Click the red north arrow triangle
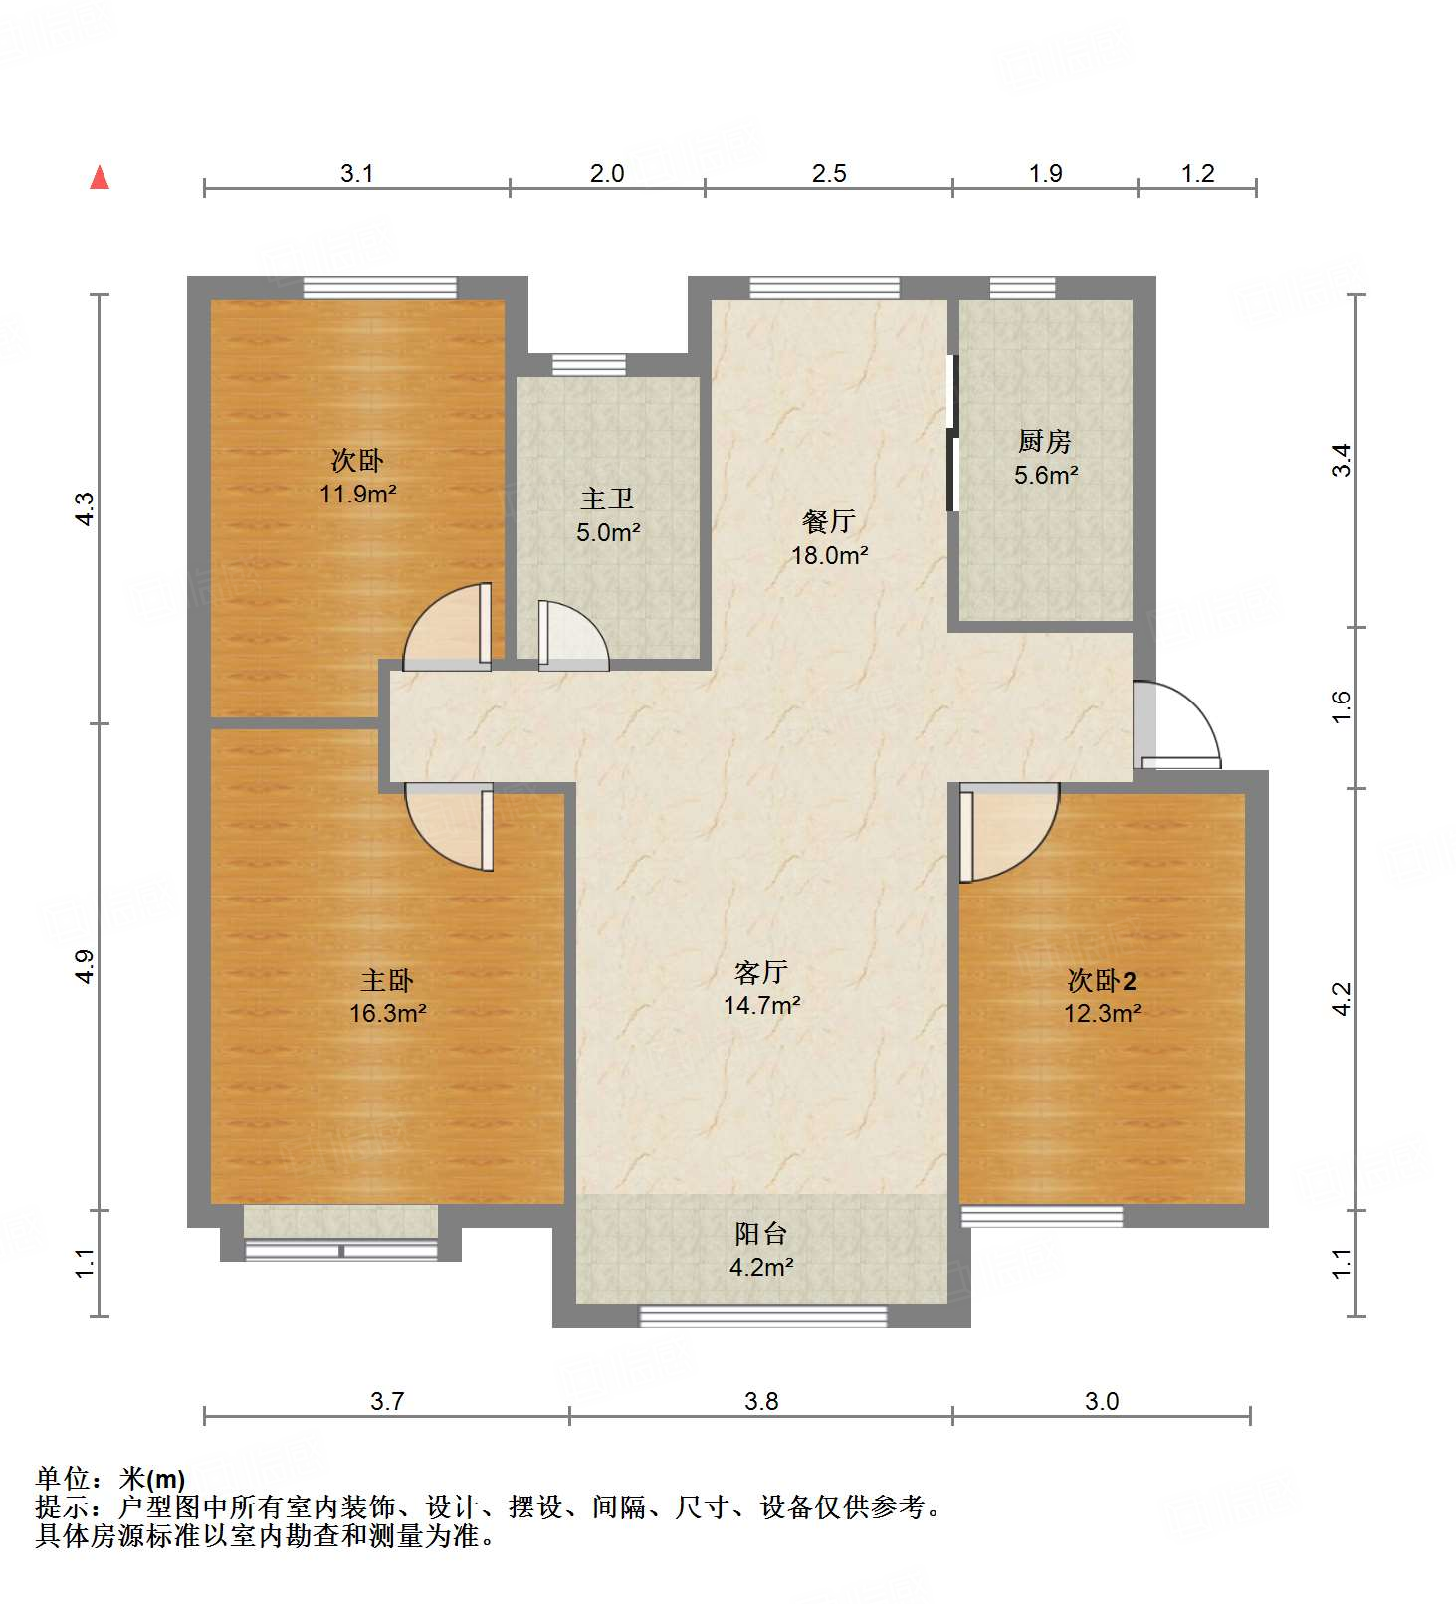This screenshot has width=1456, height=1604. click(100, 178)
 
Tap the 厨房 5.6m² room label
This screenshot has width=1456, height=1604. click(1045, 458)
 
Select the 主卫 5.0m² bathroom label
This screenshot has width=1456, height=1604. click(607, 514)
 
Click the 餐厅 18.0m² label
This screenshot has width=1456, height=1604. click(829, 537)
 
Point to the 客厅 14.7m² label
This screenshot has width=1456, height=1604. click(761, 988)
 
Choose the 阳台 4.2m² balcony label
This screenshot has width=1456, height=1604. click(761, 1250)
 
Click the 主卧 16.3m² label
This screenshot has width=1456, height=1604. click(387, 996)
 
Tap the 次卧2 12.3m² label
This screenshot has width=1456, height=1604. click(1102, 996)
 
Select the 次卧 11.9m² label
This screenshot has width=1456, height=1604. click(357, 476)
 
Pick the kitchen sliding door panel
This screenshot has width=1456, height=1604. click(952, 433)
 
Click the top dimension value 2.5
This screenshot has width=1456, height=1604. click(828, 173)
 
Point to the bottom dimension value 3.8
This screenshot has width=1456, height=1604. click(761, 1401)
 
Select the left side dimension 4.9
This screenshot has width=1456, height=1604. click(86, 966)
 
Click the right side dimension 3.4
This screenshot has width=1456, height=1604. click(1342, 460)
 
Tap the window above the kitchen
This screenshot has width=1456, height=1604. click(1022, 288)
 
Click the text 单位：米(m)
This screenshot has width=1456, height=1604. click(110, 1479)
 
